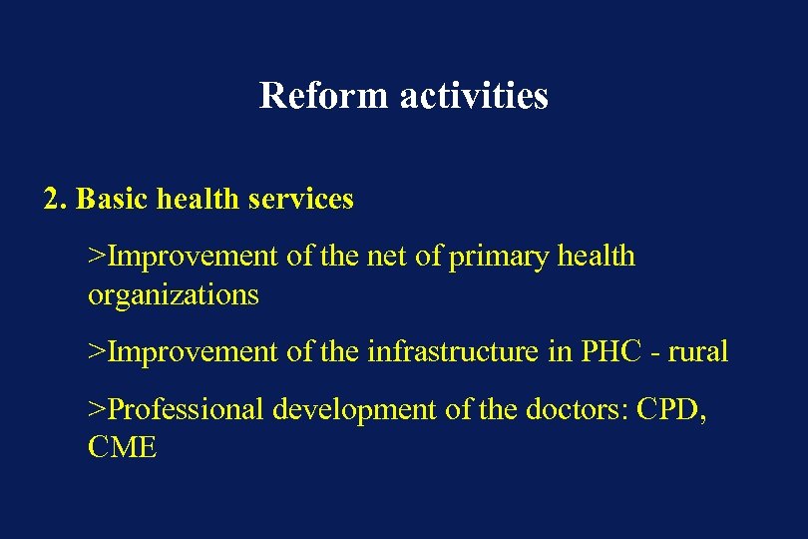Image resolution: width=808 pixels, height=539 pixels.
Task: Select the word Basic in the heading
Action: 109,200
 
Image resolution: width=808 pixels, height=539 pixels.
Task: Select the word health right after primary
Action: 595,257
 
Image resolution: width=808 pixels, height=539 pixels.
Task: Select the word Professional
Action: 187,409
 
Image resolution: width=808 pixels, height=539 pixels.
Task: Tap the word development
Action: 337,409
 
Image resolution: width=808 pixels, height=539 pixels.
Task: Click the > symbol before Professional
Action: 97,409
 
